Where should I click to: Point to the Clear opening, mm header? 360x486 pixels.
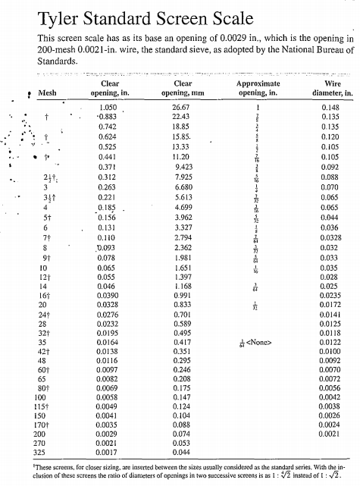[x=182, y=89]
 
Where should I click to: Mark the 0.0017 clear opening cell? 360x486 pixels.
[x=111, y=453]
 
